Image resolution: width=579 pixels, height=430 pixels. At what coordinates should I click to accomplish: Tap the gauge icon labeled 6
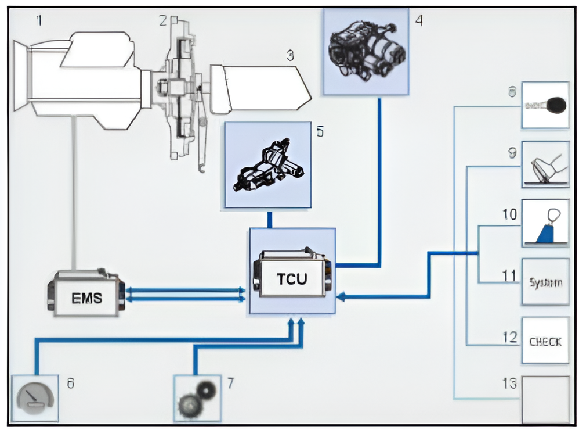pos(35,398)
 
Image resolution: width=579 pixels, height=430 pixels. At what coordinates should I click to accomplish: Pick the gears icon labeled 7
pos(197,398)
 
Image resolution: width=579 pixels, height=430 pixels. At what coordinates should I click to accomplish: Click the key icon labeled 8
pos(545,105)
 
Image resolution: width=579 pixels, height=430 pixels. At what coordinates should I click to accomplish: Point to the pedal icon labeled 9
pos(545,164)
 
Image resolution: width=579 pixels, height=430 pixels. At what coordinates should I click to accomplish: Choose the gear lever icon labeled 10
pos(545,223)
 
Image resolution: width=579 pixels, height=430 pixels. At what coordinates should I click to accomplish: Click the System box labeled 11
pos(545,282)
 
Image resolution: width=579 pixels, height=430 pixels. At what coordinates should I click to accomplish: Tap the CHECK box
pos(545,341)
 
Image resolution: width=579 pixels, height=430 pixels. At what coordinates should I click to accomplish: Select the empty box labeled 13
pos(545,400)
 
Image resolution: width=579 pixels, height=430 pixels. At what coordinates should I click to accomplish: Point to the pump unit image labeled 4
pos(366,52)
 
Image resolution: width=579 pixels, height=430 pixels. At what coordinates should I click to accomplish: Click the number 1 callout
pos(39,21)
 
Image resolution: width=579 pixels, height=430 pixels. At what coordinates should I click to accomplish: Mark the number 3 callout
pos(289,56)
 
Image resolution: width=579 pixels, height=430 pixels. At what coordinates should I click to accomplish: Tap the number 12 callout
pos(510,337)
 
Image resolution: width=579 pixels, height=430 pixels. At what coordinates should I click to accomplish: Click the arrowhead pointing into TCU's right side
pos(341,297)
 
